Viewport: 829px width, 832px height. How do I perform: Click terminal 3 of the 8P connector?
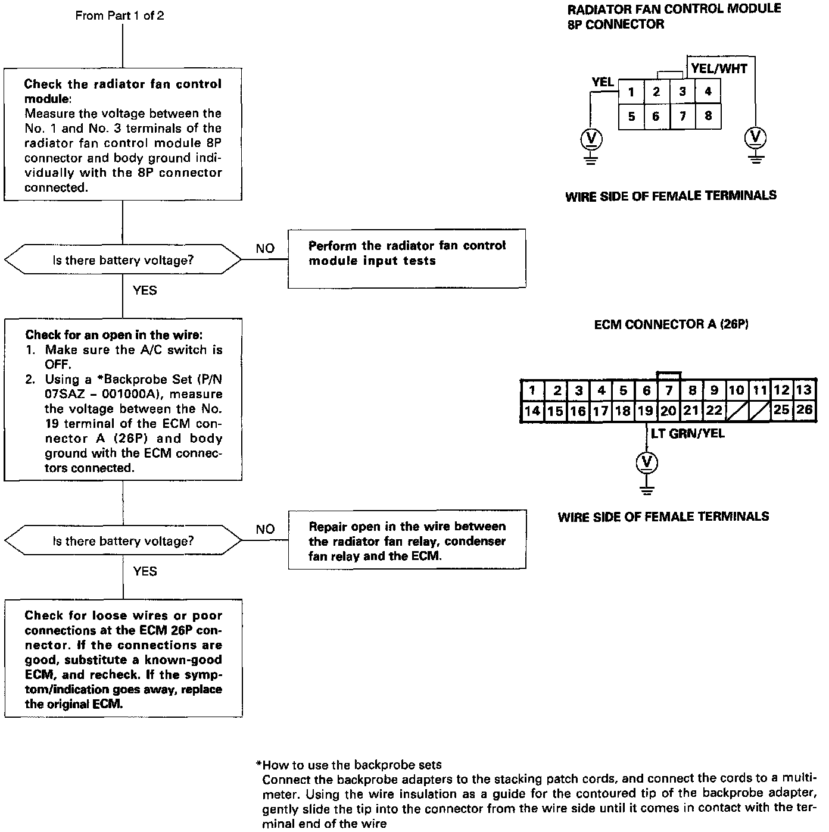click(682, 92)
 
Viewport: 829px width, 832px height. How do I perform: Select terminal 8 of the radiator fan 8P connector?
click(708, 116)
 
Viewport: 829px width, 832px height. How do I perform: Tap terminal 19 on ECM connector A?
click(645, 411)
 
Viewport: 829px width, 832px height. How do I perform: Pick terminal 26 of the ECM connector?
click(804, 409)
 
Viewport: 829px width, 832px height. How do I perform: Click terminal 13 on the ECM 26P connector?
click(804, 390)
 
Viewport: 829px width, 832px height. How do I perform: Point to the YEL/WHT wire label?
click(719, 68)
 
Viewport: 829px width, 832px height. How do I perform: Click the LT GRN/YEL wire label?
click(688, 433)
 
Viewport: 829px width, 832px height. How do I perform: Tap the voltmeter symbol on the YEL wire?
click(591, 139)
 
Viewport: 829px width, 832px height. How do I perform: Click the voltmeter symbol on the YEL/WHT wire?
click(756, 137)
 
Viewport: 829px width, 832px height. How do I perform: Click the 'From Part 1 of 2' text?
click(120, 16)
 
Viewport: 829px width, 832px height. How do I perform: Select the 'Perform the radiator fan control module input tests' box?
click(407, 258)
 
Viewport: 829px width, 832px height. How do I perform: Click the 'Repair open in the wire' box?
click(407, 540)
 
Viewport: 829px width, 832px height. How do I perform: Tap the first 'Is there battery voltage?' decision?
click(123, 260)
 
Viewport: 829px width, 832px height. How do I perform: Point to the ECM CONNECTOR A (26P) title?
click(671, 324)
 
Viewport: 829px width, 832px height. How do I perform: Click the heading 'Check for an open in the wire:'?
click(114, 335)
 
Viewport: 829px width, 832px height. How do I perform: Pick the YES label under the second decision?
click(145, 571)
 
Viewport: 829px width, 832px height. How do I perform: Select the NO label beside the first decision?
click(265, 248)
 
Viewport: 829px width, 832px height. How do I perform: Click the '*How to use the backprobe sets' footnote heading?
click(349, 765)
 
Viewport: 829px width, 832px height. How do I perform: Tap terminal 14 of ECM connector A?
click(532, 411)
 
